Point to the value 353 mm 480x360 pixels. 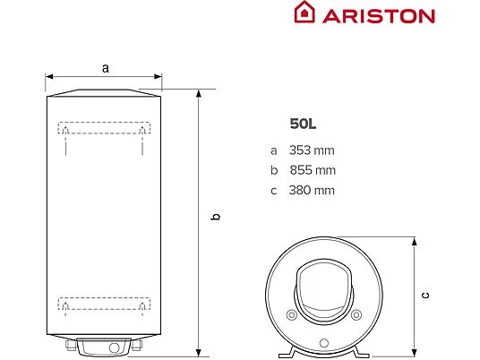coord(311,150)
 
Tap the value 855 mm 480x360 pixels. coord(312,170)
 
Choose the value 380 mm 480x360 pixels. coord(312,190)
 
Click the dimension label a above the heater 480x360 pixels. coord(105,67)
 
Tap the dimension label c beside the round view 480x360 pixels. coord(425,295)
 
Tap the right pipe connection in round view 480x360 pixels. coord(357,315)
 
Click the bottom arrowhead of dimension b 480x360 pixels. coord(200,352)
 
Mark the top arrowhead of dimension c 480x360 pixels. coord(414,241)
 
